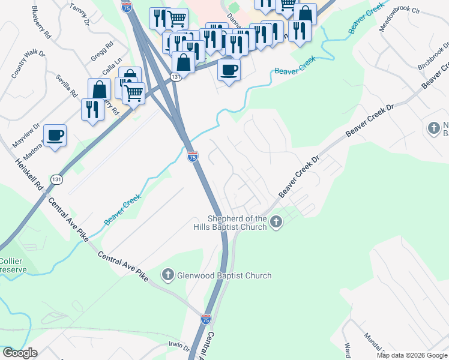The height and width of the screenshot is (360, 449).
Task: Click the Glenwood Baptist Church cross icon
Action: click(x=167, y=275)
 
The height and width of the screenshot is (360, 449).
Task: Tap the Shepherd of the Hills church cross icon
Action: click(x=276, y=223)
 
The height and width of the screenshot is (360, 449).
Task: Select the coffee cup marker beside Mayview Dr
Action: click(x=55, y=136)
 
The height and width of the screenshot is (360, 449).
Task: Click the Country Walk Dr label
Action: click(x=28, y=64)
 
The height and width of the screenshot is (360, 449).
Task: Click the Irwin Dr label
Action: click(x=178, y=348)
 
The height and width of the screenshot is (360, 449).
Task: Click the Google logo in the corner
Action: click(x=20, y=353)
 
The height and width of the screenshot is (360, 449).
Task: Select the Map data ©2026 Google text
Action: click(x=412, y=355)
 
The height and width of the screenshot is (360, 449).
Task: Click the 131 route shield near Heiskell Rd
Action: click(x=56, y=179)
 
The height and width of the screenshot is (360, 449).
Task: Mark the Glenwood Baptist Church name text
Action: click(x=223, y=276)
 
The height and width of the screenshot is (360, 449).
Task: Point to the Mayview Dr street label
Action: click(x=26, y=137)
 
